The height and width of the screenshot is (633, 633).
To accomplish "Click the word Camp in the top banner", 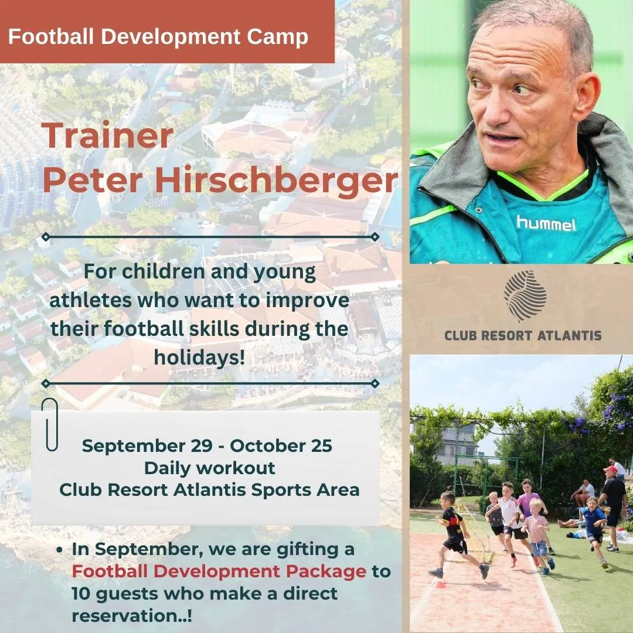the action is pyautogui.click(x=277, y=37).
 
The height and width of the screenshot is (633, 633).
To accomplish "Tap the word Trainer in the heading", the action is pyautogui.click(x=107, y=135).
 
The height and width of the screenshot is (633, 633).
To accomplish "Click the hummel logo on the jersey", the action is pyautogui.click(x=546, y=223).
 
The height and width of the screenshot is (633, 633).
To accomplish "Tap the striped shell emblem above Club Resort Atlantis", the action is pyautogui.click(x=525, y=296).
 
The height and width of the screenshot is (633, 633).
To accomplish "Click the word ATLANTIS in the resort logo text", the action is pyautogui.click(x=569, y=335).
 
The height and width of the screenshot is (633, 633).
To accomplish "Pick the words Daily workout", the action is pyautogui.click(x=209, y=468).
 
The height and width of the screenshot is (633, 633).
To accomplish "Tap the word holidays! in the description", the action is pyautogui.click(x=199, y=357).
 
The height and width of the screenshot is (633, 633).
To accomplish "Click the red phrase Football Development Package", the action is pyautogui.click(x=219, y=571).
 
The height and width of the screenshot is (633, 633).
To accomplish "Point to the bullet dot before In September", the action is pyautogui.click(x=60, y=550).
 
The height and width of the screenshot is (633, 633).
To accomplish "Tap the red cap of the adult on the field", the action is pyautogui.click(x=610, y=469).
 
